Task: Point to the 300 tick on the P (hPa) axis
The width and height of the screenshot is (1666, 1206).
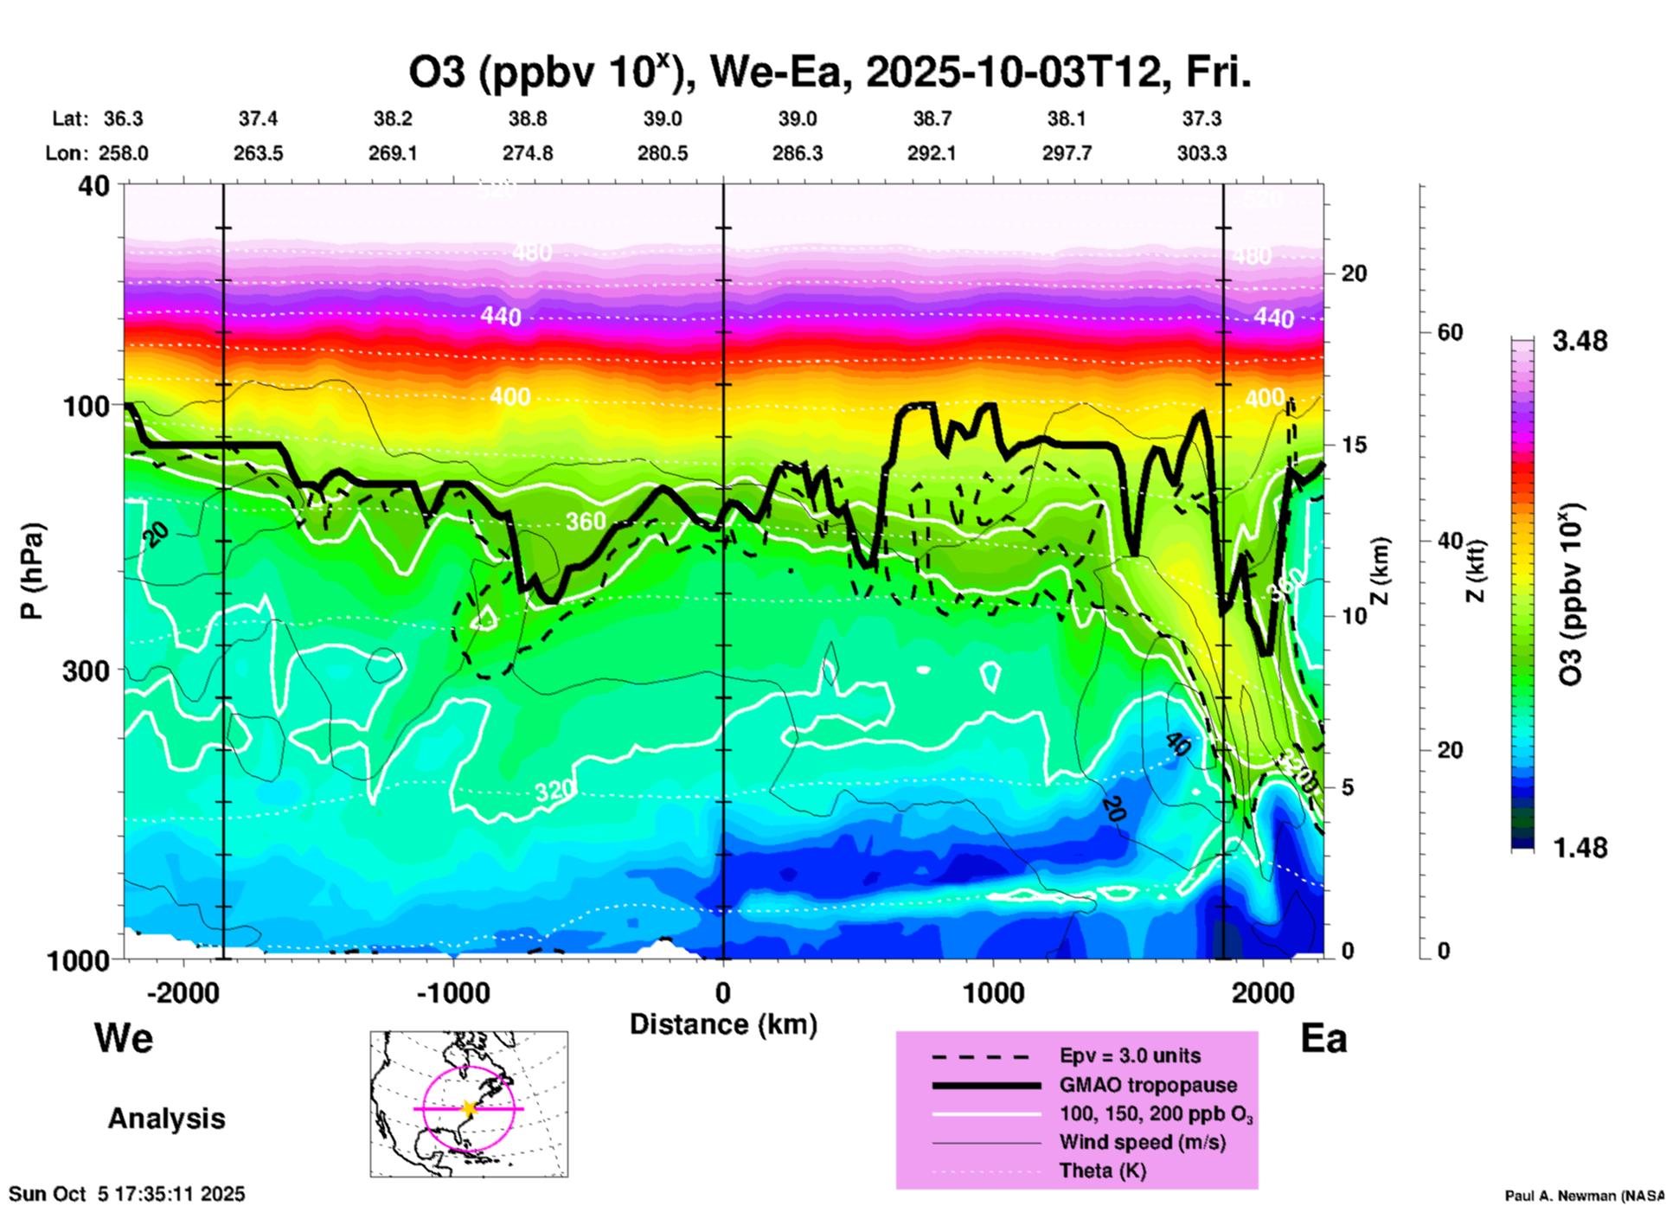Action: [87, 670]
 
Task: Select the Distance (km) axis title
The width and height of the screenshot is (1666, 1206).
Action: [723, 1024]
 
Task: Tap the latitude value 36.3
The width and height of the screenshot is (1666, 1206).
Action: [123, 119]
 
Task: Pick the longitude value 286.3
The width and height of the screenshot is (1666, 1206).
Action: [797, 153]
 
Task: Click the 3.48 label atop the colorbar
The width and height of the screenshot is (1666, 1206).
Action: [1579, 342]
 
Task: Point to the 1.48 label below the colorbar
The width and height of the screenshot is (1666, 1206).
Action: [1579, 848]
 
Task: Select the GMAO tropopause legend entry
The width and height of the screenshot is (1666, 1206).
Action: [1148, 1085]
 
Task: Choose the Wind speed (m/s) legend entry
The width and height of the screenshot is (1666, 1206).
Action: [1142, 1142]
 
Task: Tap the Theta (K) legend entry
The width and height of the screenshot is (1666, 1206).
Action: [1102, 1171]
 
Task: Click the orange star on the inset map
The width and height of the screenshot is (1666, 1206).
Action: [469, 1108]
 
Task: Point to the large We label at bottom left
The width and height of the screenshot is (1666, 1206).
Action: [124, 1038]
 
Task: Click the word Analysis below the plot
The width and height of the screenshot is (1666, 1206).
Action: [166, 1119]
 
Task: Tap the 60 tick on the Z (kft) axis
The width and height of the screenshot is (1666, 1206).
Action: [1450, 332]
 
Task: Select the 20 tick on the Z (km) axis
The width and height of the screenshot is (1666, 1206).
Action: [1354, 273]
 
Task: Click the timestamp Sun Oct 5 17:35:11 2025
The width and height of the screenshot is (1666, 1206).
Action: [127, 1195]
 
